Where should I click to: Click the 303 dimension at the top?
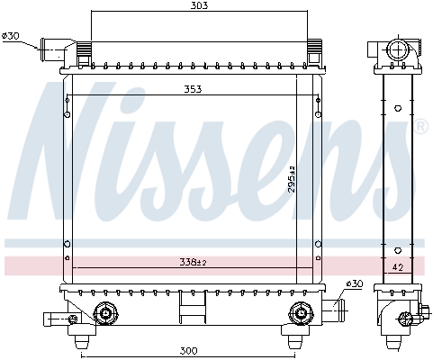point(200,6)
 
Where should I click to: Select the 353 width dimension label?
point(192,89)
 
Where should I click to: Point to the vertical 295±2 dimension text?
point(293,181)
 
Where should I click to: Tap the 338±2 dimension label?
point(191,262)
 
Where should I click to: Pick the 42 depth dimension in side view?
point(396,267)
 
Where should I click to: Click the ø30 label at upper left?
point(11,36)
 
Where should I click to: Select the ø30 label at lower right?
point(354,284)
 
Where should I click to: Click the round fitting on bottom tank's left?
point(104,313)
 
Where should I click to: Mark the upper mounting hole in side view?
point(397,107)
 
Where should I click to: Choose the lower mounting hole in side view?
point(397,249)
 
